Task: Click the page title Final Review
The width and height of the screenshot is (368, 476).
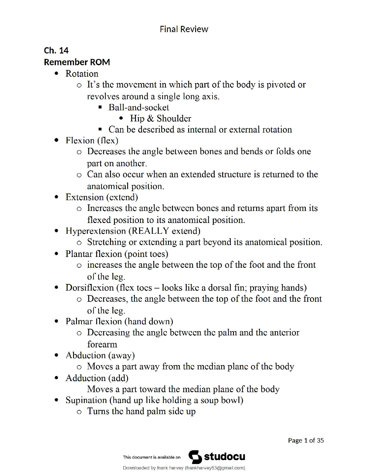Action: click(x=184, y=29)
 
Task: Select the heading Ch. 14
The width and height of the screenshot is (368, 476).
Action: click(x=56, y=50)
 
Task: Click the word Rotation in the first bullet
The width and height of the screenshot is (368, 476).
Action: click(x=82, y=74)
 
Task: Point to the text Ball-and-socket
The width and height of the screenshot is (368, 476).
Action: click(x=139, y=107)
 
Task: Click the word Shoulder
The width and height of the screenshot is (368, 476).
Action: click(x=174, y=118)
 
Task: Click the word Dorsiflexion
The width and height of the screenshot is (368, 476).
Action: click(x=90, y=288)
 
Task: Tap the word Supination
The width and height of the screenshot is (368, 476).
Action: click(x=86, y=400)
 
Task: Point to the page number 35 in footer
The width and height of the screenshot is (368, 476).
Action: click(x=320, y=440)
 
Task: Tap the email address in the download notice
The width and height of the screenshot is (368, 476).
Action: click(x=215, y=468)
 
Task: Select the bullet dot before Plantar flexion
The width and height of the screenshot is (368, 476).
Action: click(x=56, y=254)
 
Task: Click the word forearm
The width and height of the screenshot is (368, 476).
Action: click(x=102, y=344)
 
